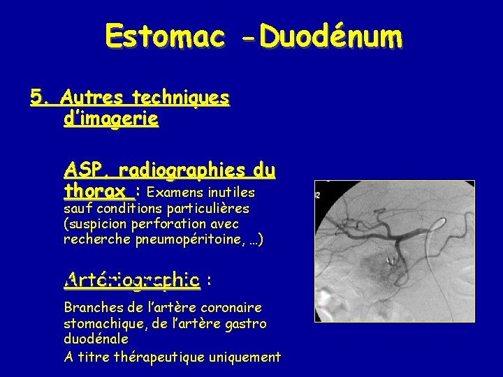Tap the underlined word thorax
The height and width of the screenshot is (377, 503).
click(94, 191)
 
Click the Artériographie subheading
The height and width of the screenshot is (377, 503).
click(131, 280)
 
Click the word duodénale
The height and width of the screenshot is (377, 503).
click(96, 339)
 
